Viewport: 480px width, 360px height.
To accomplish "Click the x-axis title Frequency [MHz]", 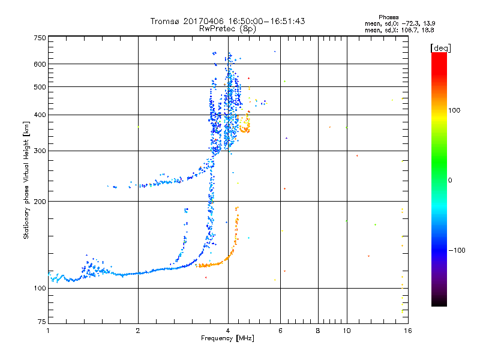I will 227,339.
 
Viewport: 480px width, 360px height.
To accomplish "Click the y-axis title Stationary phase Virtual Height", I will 26,179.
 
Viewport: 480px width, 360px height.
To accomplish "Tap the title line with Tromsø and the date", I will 227,21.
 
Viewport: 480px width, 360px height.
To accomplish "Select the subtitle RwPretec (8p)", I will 227,28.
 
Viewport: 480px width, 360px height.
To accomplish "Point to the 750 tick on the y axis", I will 40,37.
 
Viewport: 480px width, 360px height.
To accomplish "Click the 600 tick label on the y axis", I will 40,64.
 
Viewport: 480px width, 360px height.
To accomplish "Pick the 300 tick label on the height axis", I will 40,151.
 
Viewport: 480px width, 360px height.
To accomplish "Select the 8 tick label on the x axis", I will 318,331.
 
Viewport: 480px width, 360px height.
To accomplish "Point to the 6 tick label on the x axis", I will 281,331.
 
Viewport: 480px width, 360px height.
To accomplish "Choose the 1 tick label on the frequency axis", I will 48,331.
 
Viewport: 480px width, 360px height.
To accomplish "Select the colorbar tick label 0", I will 451,180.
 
